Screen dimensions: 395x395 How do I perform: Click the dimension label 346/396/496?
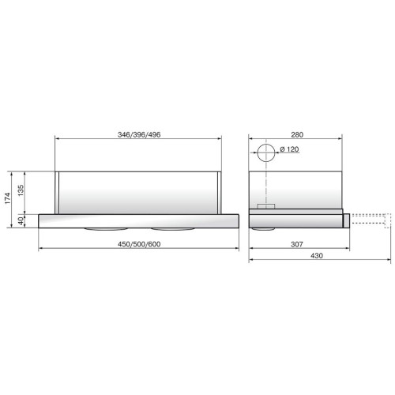coord(139,135)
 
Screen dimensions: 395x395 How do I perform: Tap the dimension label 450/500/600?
coord(139,244)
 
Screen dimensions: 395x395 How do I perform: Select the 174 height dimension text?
coord(8,198)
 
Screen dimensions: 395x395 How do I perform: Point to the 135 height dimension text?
coord(21,190)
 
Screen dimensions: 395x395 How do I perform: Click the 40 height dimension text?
coord(21,221)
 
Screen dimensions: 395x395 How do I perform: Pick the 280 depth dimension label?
coord(297,135)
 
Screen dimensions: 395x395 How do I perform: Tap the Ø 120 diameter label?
coord(289,149)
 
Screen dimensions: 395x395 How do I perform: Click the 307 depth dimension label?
coord(297,244)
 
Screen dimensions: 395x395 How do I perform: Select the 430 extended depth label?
coord(317,256)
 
